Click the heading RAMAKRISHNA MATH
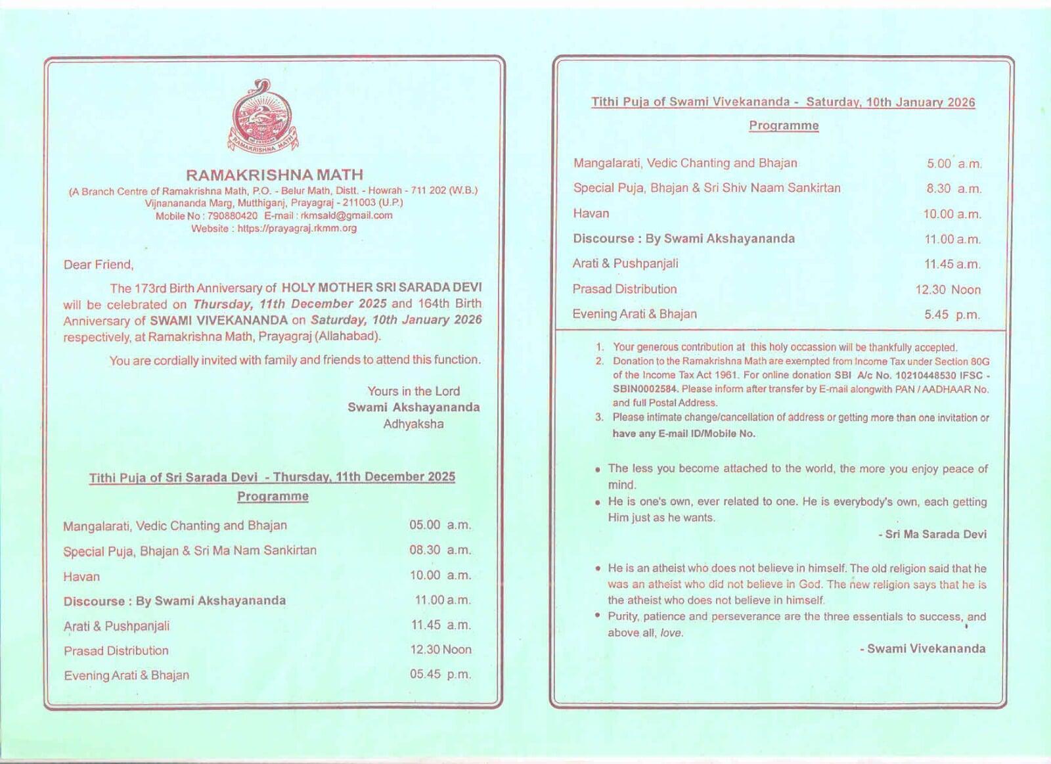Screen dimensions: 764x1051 click(275, 175)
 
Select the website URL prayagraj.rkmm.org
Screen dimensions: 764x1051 click(297, 229)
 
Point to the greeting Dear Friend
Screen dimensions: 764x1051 click(99, 265)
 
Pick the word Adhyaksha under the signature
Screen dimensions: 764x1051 click(413, 424)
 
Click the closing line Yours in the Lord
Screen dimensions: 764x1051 click(413, 391)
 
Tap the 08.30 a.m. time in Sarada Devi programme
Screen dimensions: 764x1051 click(440, 550)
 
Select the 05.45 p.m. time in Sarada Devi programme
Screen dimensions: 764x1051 click(440, 674)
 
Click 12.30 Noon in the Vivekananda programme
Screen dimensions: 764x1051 click(948, 290)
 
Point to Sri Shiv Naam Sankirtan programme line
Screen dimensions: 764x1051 click(707, 188)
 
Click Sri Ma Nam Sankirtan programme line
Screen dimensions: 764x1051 click(190, 551)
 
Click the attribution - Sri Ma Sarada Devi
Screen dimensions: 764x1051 click(932, 534)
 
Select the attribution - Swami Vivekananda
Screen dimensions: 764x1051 click(922, 648)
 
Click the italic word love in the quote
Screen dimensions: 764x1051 click(671, 633)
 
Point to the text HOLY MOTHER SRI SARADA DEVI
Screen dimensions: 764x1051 click(381, 288)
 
